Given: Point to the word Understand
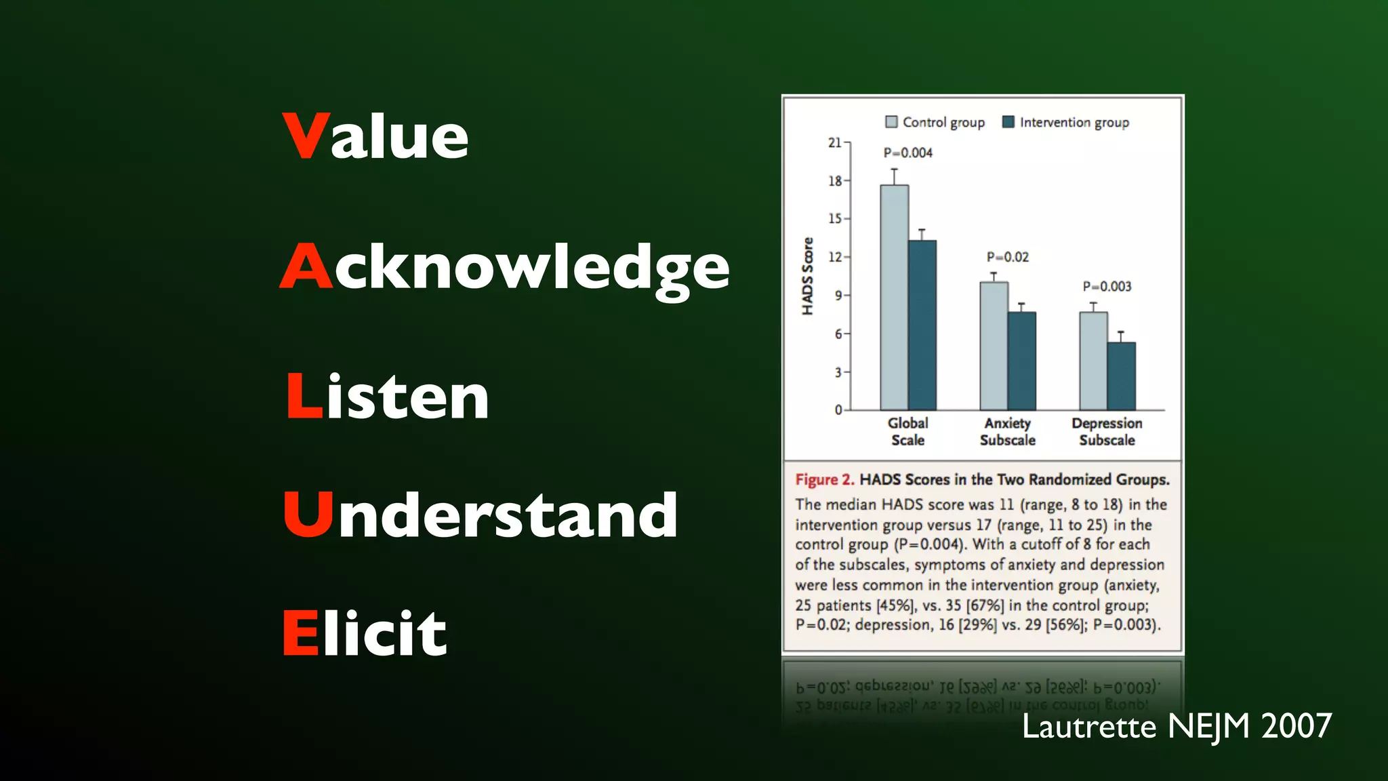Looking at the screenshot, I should pos(481,515).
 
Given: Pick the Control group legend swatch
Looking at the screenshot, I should pos(891,122).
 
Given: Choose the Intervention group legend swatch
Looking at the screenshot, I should pos(1008,122).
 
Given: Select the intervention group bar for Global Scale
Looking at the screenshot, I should pos(922,325).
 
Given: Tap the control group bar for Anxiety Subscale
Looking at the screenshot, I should pos(994,346).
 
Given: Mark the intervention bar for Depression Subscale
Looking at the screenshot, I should pos(1122,376).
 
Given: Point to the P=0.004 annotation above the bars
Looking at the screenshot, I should pos(907,153).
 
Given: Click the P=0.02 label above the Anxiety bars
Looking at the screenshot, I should pos(1007,258).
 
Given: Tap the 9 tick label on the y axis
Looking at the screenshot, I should pos(838,296).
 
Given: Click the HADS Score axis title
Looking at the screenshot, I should pos(807,276).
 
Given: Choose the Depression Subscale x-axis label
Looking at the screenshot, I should pos(1107,432).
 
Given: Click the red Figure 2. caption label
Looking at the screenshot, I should pos(824,480).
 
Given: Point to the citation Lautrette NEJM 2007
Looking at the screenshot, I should pos(1177,726).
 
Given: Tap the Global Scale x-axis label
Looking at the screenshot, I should pos(907,432).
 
